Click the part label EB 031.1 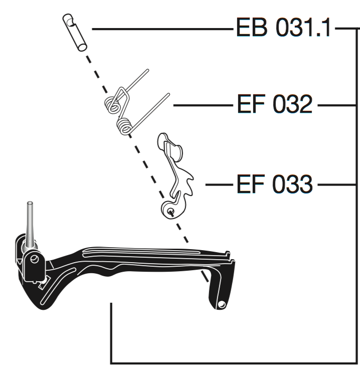click(283, 27)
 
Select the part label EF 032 click(275, 104)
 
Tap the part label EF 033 click(275, 184)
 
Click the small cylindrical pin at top click(75, 32)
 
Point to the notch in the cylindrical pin click(71, 22)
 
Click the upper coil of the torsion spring click(112, 105)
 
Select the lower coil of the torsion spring click(124, 126)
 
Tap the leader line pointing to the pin click(162, 29)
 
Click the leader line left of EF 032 click(203, 105)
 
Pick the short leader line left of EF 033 click(219, 184)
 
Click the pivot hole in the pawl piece click(170, 211)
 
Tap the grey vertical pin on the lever click(30, 225)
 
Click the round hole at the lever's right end click(222, 304)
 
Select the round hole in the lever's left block click(35, 259)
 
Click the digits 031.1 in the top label click(303, 27)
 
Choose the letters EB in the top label click(252, 27)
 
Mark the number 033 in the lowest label click(292, 184)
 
